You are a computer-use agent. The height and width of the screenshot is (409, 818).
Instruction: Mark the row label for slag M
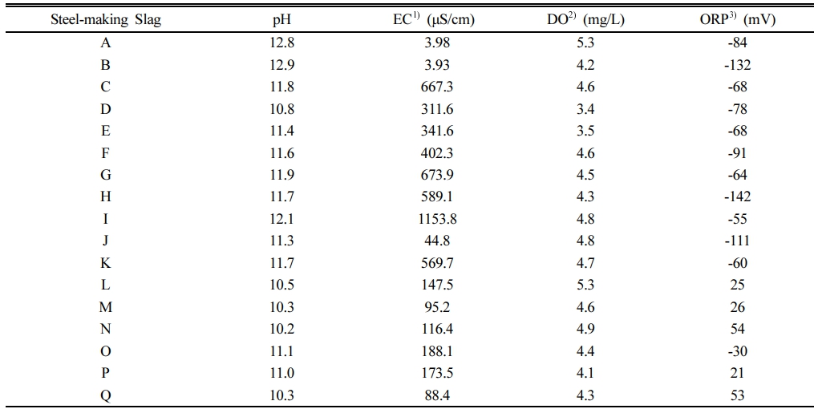106,306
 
